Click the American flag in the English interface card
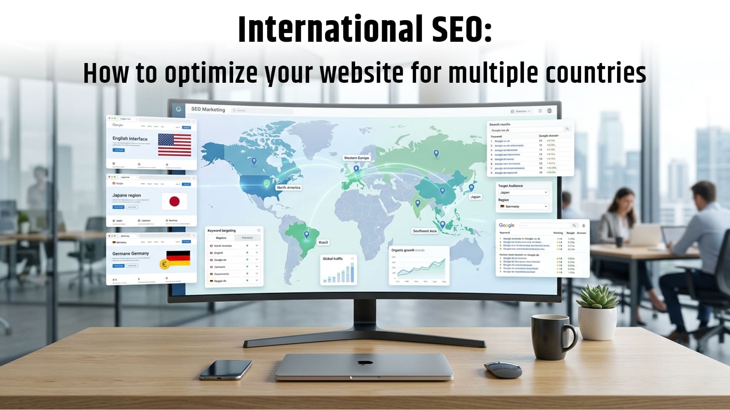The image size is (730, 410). coord(175,145)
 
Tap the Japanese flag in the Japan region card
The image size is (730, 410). coord(174,201)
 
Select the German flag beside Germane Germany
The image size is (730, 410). coord(178,258)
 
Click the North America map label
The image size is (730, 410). coord(289,188)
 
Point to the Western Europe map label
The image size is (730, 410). coord(356,158)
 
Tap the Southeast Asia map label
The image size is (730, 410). coord(425,231)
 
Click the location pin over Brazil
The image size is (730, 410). coord(306,235)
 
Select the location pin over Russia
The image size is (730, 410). coord(436,153)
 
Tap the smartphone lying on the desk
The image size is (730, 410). coord(225,369)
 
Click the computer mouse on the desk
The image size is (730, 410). coord(503,369)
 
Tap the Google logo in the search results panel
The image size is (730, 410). coord(506,225)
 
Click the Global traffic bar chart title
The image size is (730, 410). coord(333,259)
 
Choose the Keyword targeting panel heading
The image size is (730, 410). coord(222,230)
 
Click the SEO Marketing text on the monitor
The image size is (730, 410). coord(208,109)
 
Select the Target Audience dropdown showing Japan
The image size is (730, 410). coord(523,192)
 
